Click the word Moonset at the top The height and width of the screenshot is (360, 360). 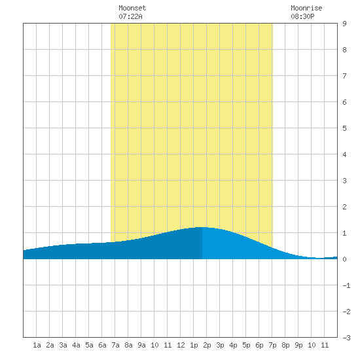(132, 8)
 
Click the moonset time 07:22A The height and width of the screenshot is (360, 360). (130, 16)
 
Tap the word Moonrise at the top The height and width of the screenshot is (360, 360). (306, 8)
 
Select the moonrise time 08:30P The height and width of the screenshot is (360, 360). (302, 16)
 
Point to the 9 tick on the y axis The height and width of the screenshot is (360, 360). (344, 24)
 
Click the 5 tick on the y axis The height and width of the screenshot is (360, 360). (344, 128)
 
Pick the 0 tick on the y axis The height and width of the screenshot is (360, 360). (344, 259)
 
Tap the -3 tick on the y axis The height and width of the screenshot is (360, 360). (346, 338)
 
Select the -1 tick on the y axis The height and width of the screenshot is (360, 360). (346, 285)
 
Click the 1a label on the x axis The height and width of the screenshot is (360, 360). (37, 345)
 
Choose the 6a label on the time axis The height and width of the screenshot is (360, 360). (102, 345)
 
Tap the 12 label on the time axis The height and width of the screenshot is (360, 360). (181, 345)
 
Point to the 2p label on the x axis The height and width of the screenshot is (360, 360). (207, 345)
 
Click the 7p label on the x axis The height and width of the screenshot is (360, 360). (272, 345)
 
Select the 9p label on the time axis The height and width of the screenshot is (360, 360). (298, 345)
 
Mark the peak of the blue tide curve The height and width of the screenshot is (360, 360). (202, 227)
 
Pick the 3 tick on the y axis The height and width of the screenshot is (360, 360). (344, 181)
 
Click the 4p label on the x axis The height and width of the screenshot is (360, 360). (233, 345)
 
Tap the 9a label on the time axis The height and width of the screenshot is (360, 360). (141, 345)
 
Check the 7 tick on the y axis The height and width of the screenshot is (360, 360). (344, 76)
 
